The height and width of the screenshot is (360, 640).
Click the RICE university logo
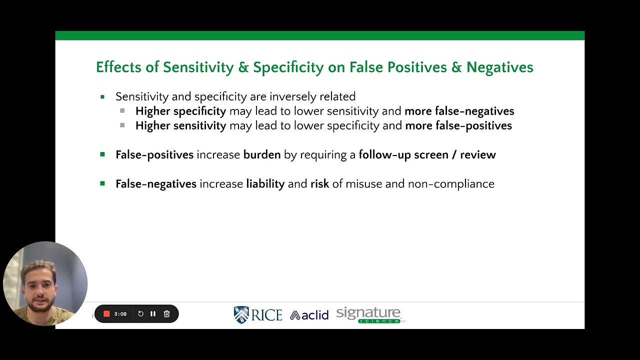click(x=258, y=314)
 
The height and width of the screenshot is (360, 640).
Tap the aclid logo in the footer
click(x=309, y=315)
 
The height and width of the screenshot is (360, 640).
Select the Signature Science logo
click(x=369, y=315)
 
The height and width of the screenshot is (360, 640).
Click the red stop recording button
click(x=106, y=314)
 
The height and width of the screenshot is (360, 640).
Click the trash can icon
click(x=167, y=314)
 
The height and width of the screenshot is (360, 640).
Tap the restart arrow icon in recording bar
click(x=140, y=314)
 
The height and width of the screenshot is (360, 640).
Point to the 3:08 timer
click(x=120, y=314)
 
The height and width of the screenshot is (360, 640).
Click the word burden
click(x=262, y=155)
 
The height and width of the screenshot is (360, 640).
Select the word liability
click(x=265, y=184)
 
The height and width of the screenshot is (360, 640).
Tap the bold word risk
click(x=319, y=184)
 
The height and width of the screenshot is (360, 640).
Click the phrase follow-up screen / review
click(x=427, y=155)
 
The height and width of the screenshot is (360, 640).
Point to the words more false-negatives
click(x=459, y=111)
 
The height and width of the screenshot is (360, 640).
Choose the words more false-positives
click(x=458, y=125)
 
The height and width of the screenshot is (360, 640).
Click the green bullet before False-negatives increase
click(x=102, y=183)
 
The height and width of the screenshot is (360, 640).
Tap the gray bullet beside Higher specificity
click(x=122, y=111)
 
